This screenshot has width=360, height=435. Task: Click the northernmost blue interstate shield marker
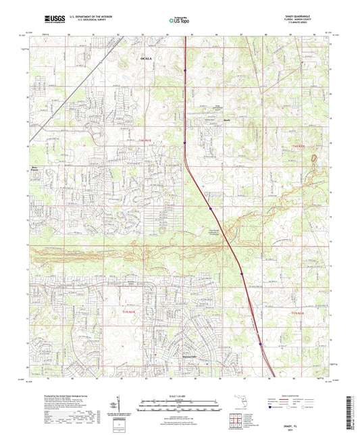click(x=184, y=69)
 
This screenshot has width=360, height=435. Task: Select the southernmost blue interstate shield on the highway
click(x=261, y=344)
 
